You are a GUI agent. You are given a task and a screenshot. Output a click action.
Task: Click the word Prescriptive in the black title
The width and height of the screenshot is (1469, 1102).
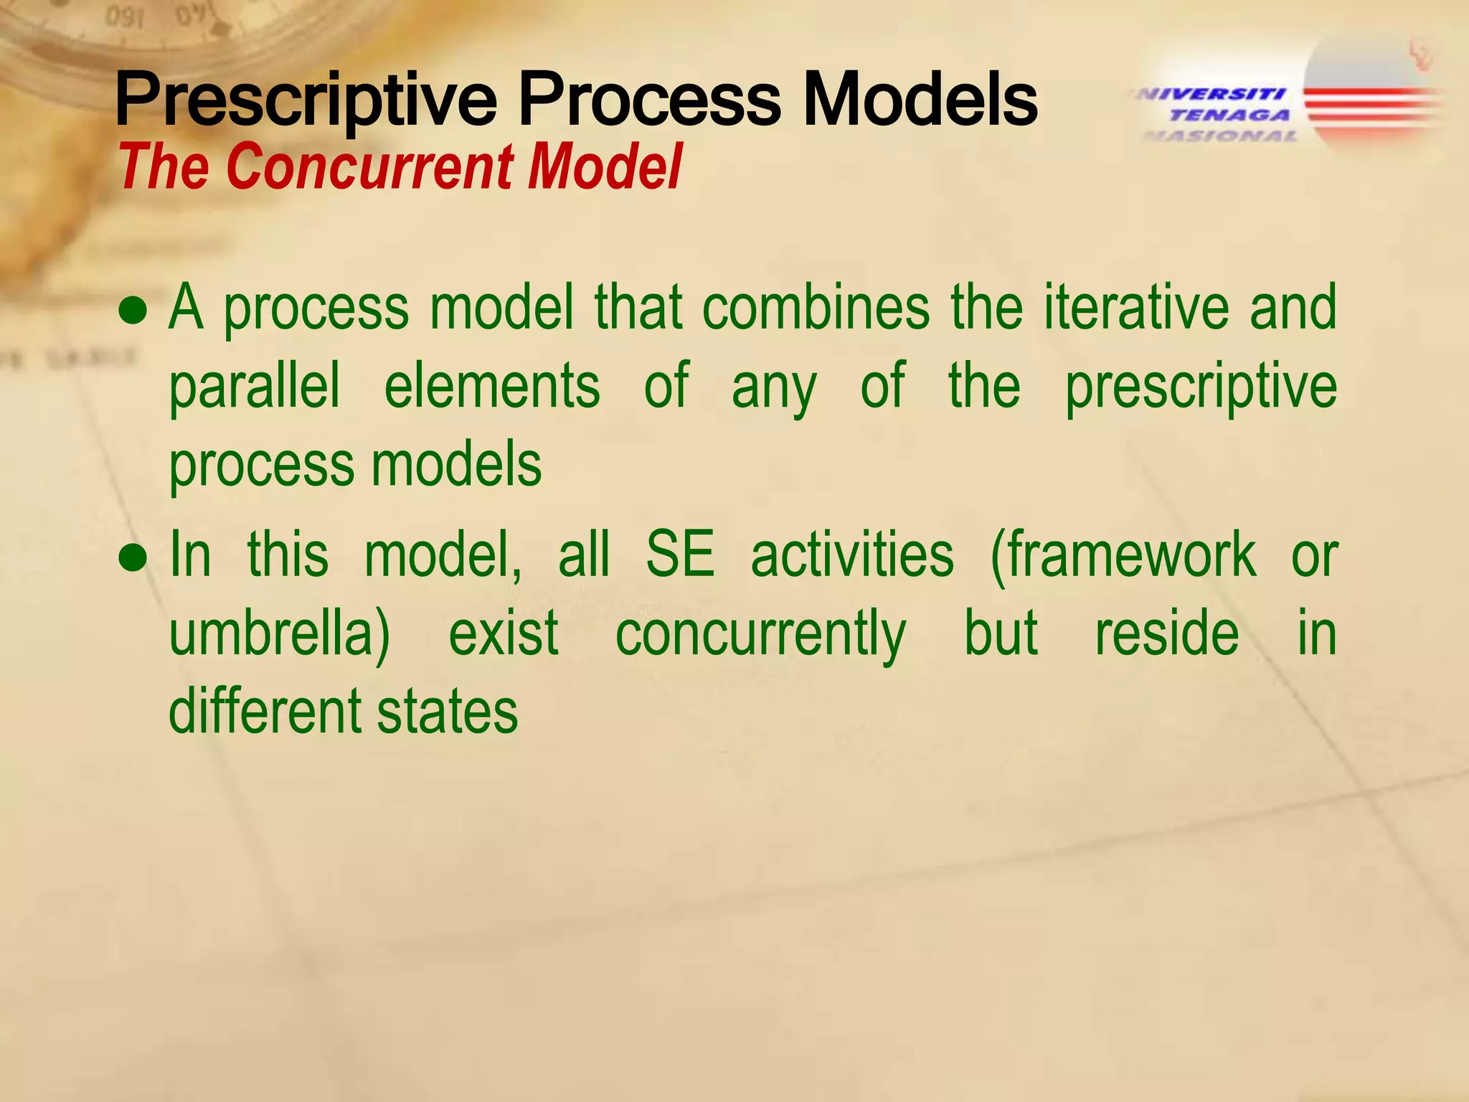pos(306,100)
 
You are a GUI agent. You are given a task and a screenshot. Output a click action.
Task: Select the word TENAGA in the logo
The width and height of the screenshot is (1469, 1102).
pos(1229,115)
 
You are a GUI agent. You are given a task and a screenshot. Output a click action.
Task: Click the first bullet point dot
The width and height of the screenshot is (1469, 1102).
pos(133,312)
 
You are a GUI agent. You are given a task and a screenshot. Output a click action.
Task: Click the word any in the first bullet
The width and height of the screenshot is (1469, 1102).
pos(774,387)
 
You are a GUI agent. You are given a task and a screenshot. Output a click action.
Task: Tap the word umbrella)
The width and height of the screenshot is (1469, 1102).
pos(280,634)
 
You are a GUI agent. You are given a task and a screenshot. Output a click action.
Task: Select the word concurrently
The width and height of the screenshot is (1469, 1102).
pos(760,634)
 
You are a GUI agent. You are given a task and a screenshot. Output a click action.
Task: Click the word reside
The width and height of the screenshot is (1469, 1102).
pos(1167,634)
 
